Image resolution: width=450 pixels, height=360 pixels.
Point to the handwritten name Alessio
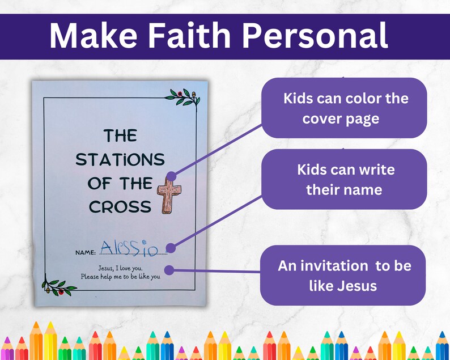(129, 247)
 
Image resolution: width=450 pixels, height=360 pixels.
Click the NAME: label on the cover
(86, 252)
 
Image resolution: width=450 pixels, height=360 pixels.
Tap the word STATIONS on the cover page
(120, 159)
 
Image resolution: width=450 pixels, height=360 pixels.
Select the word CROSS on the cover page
(120, 207)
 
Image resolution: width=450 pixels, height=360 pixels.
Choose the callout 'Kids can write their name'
(344, 179)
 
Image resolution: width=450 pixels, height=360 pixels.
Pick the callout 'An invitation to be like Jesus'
(343, 276)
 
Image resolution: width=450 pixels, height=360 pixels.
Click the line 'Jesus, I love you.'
(120, 267)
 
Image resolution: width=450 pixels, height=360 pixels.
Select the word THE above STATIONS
(120, 135)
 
